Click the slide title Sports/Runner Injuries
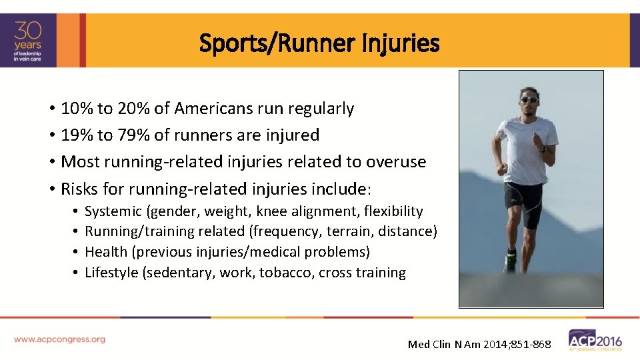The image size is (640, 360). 319,44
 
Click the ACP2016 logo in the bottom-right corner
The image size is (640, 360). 595,340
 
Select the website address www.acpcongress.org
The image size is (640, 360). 59,339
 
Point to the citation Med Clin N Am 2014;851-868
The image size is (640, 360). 479,344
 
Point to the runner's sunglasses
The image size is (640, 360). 529,100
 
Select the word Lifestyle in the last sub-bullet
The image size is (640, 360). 112,273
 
